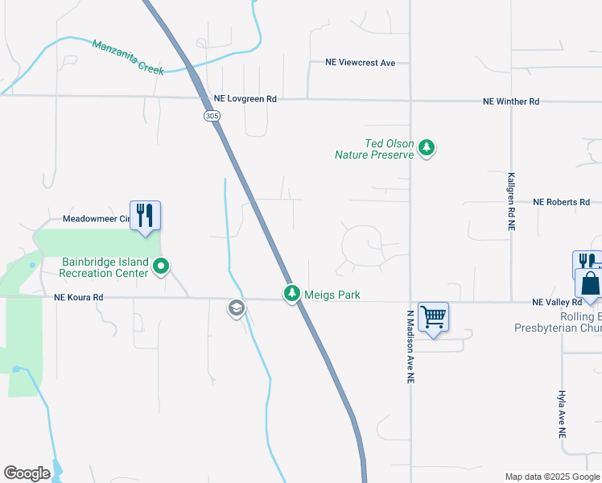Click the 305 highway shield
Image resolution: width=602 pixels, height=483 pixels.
(x=212, y=116)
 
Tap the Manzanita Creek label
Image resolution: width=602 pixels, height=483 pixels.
(x=128, y=57)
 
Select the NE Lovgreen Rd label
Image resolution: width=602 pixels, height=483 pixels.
(x=245, y=99)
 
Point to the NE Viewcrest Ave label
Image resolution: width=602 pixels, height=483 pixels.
(x=360, y=62)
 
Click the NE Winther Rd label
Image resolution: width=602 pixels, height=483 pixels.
(x=511, y=101)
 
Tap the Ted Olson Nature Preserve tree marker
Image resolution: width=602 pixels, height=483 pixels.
(x=427, y=148)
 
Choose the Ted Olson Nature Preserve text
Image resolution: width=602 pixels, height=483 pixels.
(x=377, y=149)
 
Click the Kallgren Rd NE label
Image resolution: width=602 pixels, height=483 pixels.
(x=511, y=200)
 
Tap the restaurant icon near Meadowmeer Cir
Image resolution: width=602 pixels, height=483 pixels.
(x=145, y=216)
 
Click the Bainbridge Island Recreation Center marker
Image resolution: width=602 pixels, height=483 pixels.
(x=161, y=265)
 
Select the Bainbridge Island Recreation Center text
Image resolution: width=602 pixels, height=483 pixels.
(x=105, y=267)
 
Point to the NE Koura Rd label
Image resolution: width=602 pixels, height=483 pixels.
(x=79, y=297)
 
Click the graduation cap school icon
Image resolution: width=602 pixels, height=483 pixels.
(x=237, y=308)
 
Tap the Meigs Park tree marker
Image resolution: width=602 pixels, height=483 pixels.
(x=291, y=294)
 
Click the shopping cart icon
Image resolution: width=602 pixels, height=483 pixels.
(x=433, y=317)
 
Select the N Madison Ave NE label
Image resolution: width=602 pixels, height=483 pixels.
(x=410, y=346)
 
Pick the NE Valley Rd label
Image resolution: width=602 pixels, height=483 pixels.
(x=557, y=302)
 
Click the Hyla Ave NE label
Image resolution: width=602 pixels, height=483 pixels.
(x=562, y=415)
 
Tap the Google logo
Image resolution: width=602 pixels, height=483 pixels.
(x=27, y=473)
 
